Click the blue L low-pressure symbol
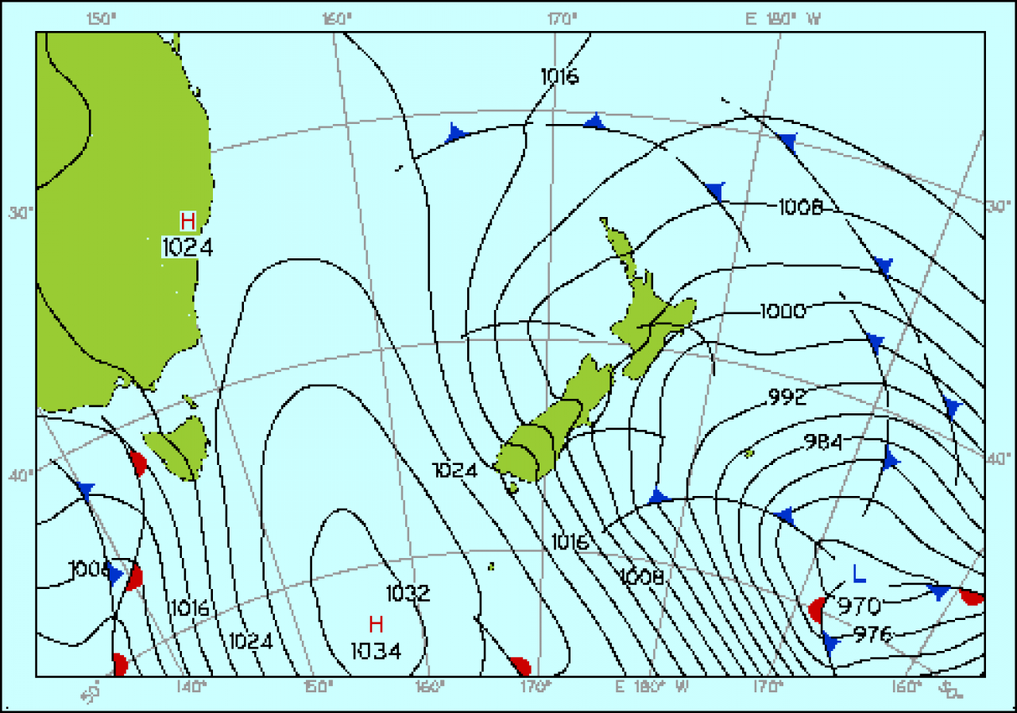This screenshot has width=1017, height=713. click(858, 572)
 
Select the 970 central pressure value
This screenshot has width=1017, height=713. click(859, 606)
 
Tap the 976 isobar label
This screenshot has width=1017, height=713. click(873, 634)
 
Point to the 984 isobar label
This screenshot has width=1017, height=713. click(822, 441)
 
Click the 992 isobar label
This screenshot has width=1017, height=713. click(787, 396)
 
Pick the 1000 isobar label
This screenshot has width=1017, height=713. click(783, 310)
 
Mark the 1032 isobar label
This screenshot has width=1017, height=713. click(408, 593)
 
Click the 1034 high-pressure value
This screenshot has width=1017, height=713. click(376, 651)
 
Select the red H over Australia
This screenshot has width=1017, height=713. click(188, 221)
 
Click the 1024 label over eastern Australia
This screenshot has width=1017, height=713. click(188, 247)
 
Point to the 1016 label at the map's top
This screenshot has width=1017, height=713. click(559, 76)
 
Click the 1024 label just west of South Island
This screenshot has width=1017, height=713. click(455, 470)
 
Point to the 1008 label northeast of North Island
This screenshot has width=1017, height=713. click(799, 207)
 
